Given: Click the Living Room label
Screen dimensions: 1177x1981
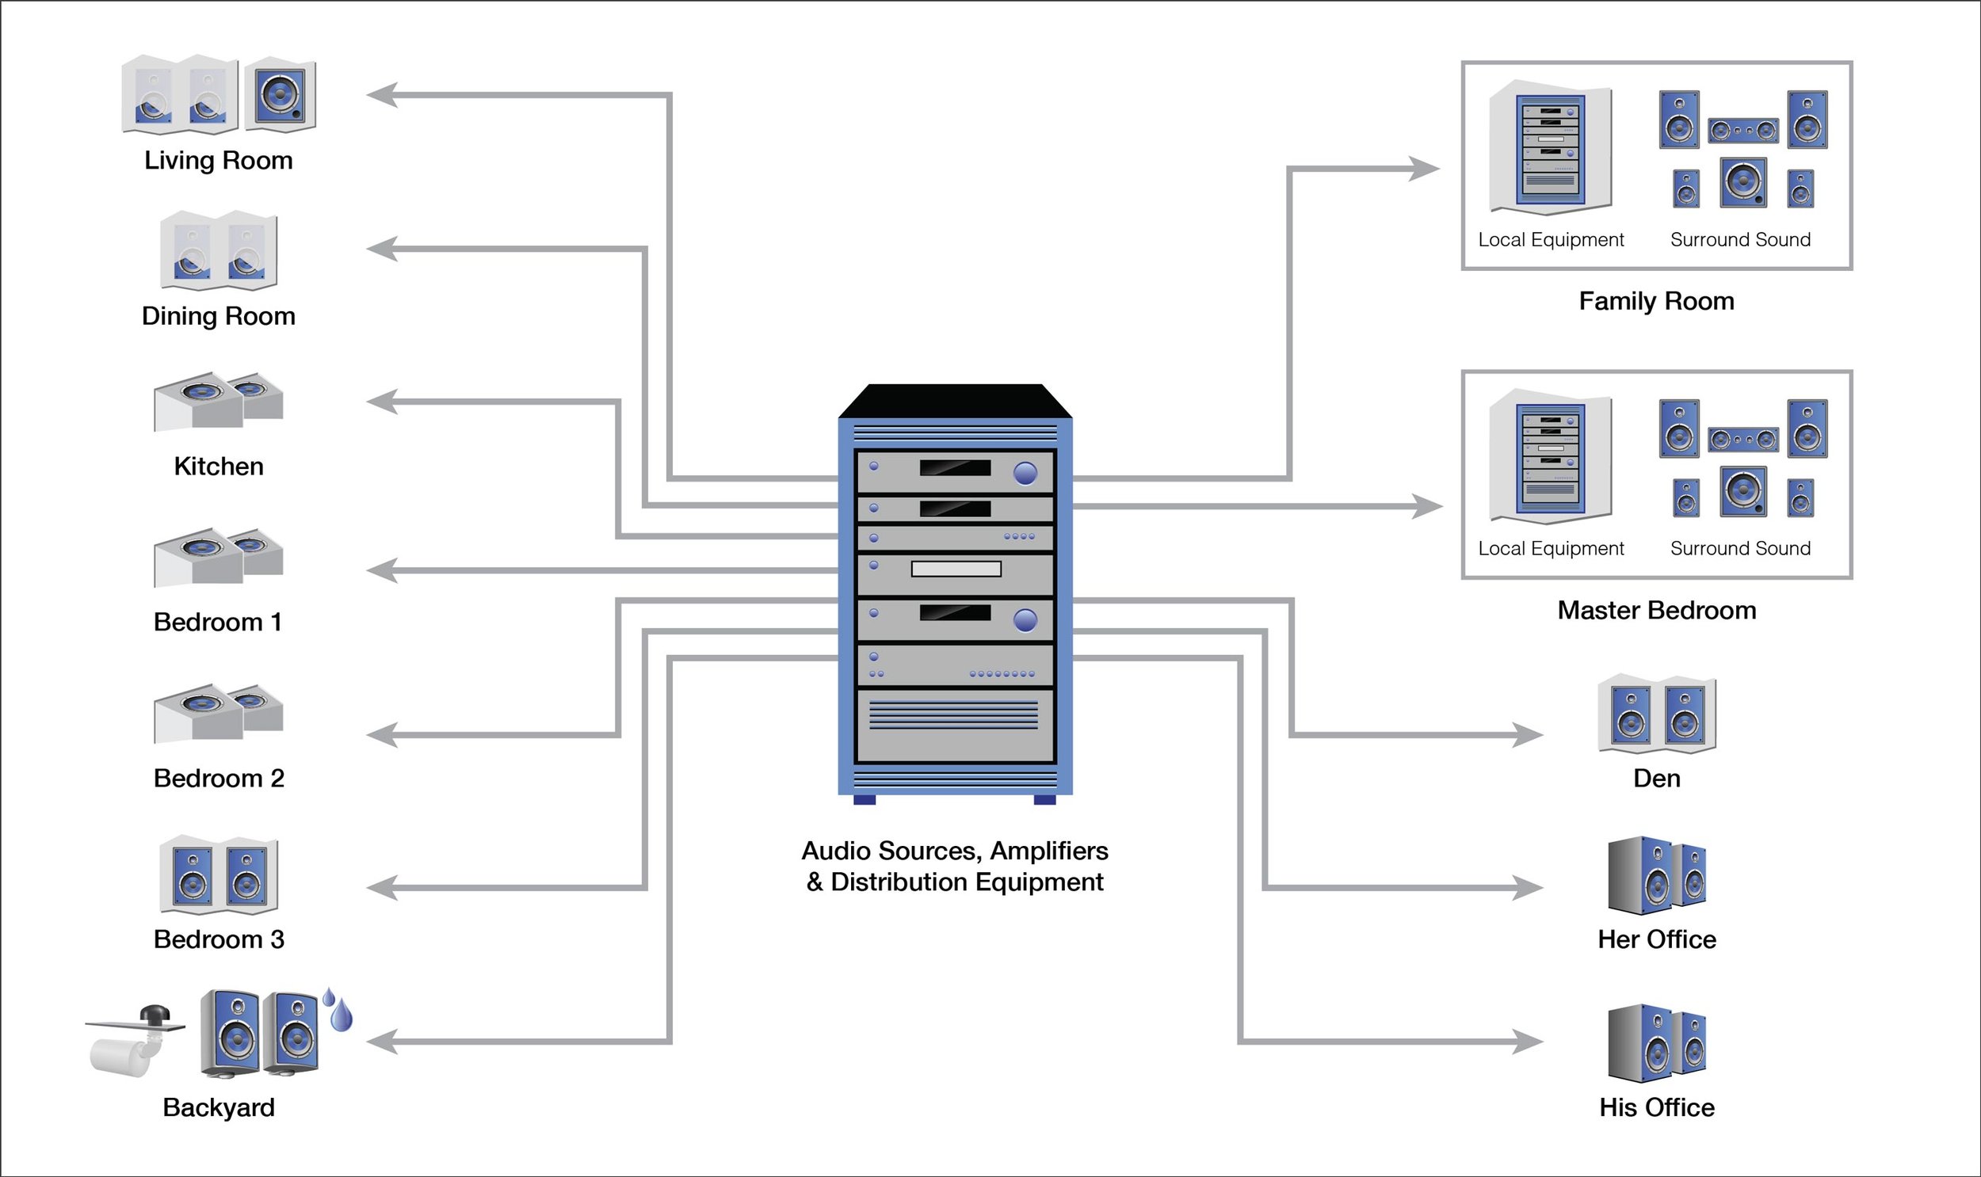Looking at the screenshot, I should (x=218, y=160).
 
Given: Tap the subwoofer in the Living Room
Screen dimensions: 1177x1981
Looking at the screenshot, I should (x=279, y=94).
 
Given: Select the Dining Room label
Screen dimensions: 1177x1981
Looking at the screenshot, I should (x=218, y=316).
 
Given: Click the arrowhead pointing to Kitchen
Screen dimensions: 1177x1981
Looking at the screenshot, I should (x=381, y=402).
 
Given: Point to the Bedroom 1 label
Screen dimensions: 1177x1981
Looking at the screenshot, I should (x=218, y=622).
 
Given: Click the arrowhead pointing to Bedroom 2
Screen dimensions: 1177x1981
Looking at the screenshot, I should (x=381, y=735).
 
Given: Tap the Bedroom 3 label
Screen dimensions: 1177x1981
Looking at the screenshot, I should (x=218, y=939).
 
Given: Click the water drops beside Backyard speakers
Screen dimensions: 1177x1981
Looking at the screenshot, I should (x=339, y=1010).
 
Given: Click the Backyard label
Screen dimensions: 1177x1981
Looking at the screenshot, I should (x=218, y=1107).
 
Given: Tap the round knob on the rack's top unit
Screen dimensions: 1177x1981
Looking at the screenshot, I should (x=1025, y=474).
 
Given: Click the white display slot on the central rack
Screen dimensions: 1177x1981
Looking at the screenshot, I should (x=956, y=569).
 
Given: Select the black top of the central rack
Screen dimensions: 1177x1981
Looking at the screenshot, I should (x=955, y=401).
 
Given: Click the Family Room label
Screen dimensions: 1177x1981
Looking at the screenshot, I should (x=1657, y=302).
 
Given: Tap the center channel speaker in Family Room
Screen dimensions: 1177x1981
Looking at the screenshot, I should (x=1743, y=130).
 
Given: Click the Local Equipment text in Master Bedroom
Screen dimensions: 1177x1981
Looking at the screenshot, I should (x=1551, y=548).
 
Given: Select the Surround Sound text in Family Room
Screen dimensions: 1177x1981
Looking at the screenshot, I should (x=1741, y=239).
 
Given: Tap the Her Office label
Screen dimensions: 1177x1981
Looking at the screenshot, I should (x=1657, y=939).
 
